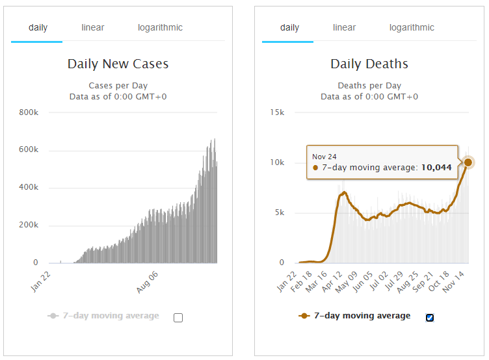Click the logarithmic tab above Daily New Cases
coord(160,28)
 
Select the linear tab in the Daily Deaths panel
coord(344,28)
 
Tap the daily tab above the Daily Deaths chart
coord(289,28)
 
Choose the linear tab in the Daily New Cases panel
coord(92,28)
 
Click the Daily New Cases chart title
coord(118,64)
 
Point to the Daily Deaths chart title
coord(369,64)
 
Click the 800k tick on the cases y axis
coord(29,113)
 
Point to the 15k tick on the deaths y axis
coord(277,113)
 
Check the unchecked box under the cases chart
coord(178,318)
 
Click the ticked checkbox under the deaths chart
coord(430,318)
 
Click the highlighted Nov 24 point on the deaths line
coord(468,162)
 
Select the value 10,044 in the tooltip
coord(435,168)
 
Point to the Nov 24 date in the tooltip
coord(324,157)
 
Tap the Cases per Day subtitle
coord(118,86)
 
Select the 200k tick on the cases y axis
coord(29,226)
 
